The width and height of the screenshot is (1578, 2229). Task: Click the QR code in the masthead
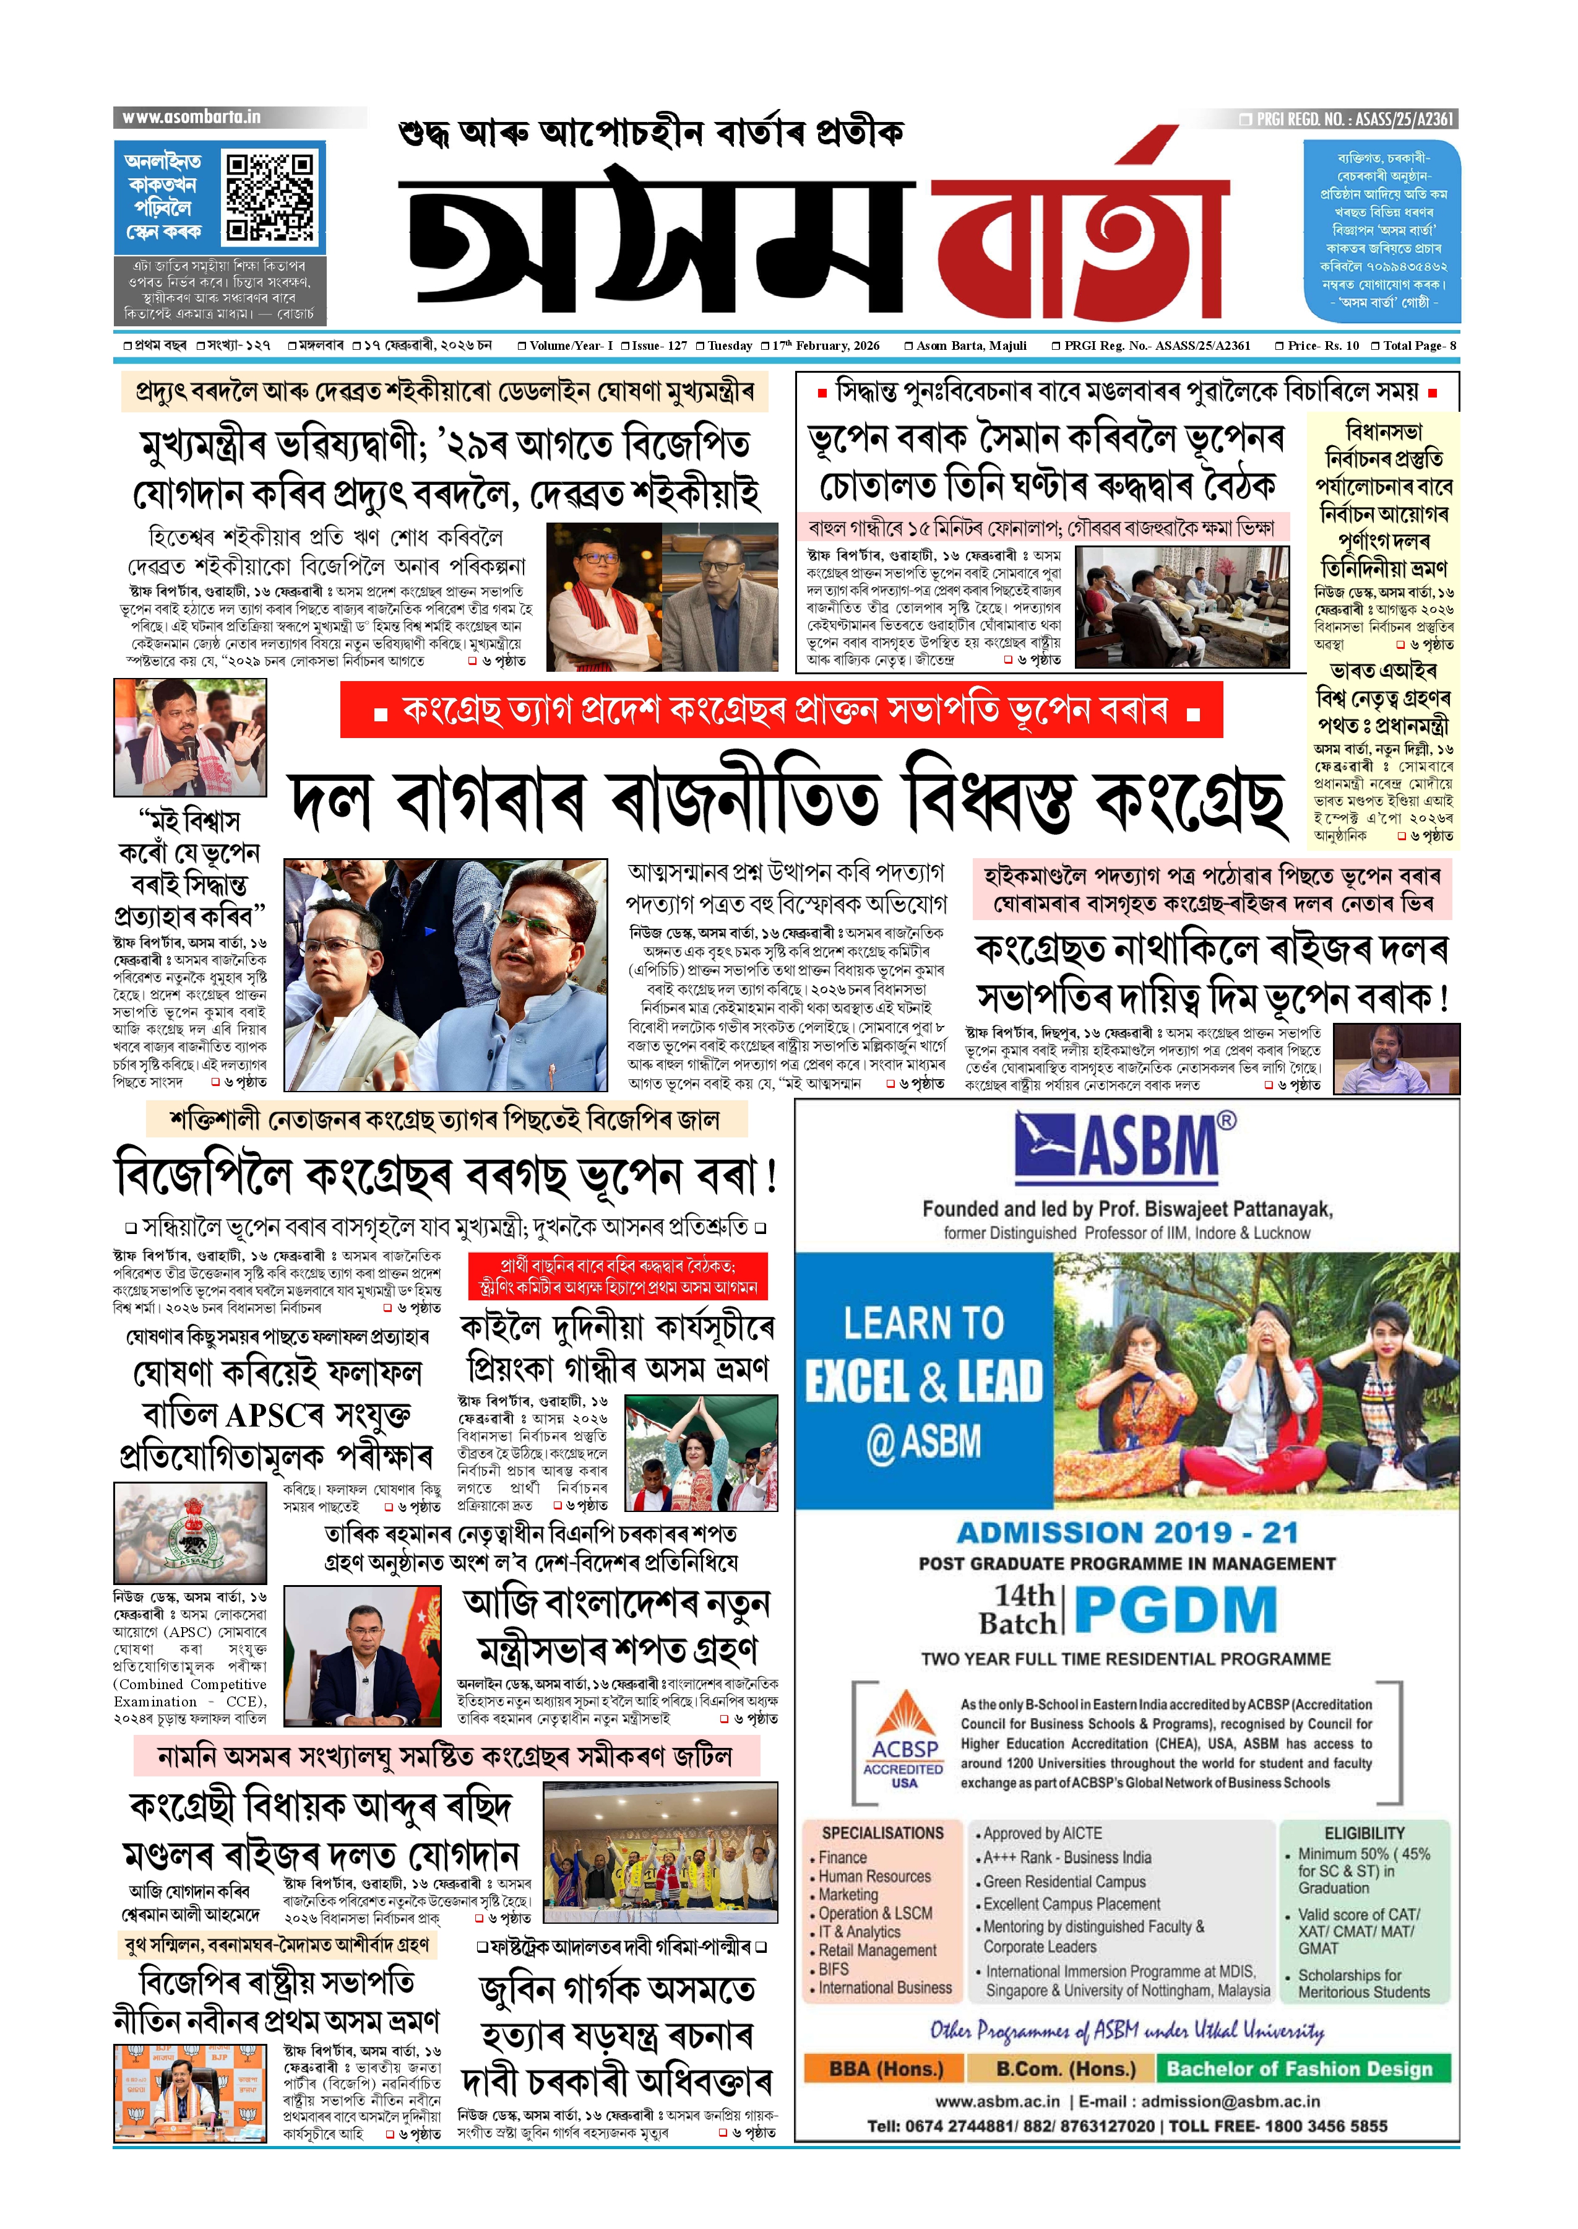coord(270,196)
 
